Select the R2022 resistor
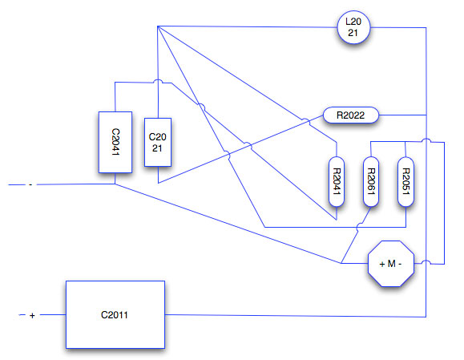coord(351,115)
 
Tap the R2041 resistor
coord(337,181)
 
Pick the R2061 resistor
coord(371,181)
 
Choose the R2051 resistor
coord(405,181)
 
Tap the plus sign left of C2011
coord(32,316)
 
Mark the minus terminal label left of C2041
coord(30,184)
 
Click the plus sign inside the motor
coord(382,264)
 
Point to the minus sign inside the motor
coord(400,264)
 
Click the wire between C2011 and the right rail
coord(296,316)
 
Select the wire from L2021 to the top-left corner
coord(248,27)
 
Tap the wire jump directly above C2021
coord(158,81)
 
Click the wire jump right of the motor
coord(426,262)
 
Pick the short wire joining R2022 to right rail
coord(402,115)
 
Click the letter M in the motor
coord(392,264)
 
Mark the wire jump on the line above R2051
coord(426,140)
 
